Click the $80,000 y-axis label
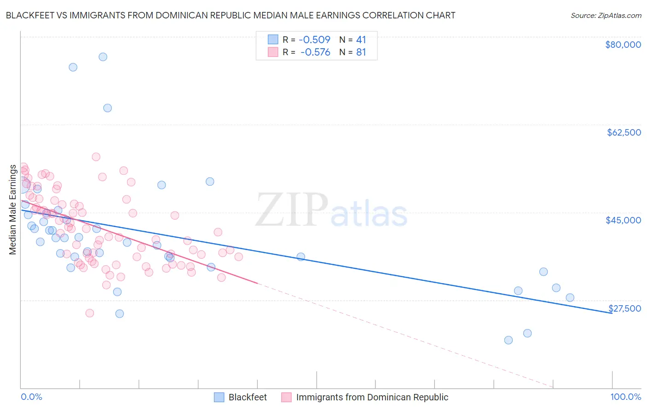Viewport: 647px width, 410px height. coord(623,45)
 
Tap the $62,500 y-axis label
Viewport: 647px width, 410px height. coord(624,132)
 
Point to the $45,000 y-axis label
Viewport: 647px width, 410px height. coord(623,220)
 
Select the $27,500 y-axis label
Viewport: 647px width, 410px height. coord(624,308)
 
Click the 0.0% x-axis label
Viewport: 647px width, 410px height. coord(31,397)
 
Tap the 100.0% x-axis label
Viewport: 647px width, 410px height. coord(625,397)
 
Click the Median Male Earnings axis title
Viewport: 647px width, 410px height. coord(13,209)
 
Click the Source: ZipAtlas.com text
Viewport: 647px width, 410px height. coord(606,15)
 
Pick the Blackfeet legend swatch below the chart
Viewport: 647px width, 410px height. coord(219,397)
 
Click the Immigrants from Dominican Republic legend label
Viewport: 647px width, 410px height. coord(372,397)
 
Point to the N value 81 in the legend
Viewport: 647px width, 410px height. coord(361,52)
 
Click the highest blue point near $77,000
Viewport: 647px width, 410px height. coord(103,57)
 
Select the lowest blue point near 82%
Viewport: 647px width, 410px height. coord(508,340)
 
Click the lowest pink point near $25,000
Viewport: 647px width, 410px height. coord(90,313)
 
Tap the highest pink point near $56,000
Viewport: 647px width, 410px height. coord(96,157)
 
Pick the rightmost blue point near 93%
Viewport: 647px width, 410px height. coord(570,297)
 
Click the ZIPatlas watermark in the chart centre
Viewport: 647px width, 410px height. coord(331,211)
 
